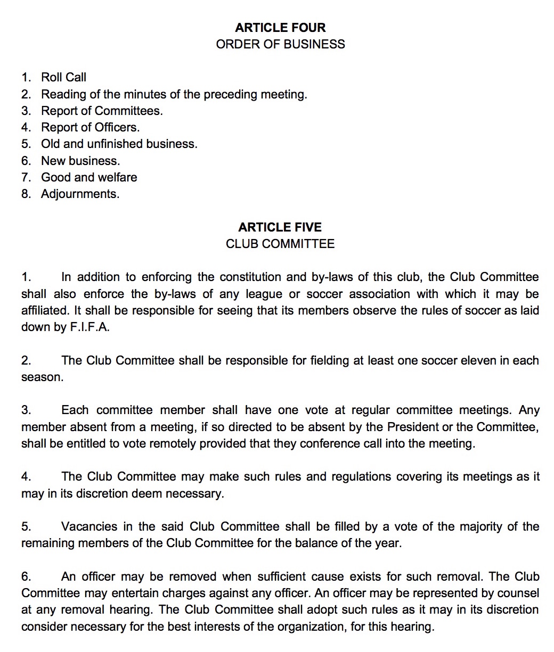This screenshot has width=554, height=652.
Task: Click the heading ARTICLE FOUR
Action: click(280, 28)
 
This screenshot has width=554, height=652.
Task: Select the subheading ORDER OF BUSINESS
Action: click(280, 44)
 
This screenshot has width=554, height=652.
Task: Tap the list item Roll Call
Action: click(63, 78)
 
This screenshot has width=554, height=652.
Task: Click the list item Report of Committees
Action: click(102, 111)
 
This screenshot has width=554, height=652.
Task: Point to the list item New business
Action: click(80, 161)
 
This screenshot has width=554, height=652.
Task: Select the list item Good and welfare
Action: click(89, 177)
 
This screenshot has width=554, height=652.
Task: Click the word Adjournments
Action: click(80, 194)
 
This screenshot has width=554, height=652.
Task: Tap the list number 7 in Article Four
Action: click(25, 177)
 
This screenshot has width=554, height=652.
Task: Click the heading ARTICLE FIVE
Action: click(280, 227)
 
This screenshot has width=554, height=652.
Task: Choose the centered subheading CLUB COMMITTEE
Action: click(280, 244)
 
